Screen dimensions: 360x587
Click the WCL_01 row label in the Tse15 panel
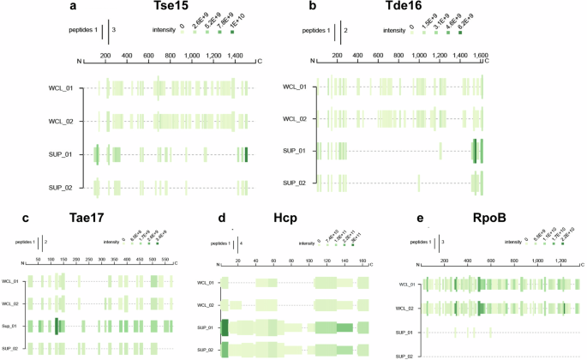coord(65,88)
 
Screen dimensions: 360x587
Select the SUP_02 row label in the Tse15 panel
coord(65,186)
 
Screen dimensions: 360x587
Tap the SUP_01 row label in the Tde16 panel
coord(296,152)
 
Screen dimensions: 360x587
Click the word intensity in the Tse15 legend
coord(161,30)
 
